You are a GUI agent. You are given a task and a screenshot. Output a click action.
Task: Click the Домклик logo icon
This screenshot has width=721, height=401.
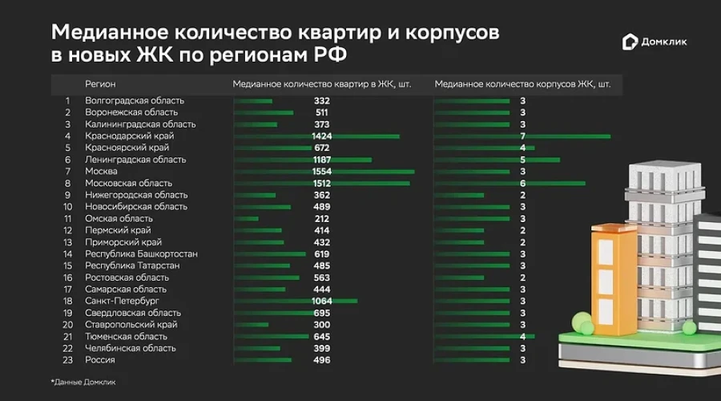(x=630, y=43)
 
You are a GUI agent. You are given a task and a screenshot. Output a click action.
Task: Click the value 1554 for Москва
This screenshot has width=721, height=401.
(x=322, y=172)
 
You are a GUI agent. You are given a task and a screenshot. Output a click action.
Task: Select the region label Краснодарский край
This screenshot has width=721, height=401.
(x=130, y=136)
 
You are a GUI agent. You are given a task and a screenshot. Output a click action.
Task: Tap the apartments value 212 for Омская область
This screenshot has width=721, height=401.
(x=322, y=219)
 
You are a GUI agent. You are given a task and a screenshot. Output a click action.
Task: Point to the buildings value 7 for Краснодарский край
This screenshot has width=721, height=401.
(x=522, y=136)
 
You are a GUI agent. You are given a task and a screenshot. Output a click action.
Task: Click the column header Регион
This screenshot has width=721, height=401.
(x=100, y=83)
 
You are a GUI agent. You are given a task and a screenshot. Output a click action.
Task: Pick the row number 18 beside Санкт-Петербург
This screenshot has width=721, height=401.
(x=68, y=302)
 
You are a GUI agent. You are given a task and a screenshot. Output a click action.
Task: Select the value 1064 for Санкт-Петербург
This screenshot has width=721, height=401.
(x=322, y=302)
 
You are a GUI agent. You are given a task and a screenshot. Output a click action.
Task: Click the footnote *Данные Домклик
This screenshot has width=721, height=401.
(x=83, y=382)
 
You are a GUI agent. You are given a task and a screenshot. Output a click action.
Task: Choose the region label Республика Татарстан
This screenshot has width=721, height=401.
(x=132, y=265)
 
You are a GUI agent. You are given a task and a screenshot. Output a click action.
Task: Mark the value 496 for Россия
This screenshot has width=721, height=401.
(x=322, y=360)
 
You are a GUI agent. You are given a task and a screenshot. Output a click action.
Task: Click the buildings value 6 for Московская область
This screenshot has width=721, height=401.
(x=522, y=184)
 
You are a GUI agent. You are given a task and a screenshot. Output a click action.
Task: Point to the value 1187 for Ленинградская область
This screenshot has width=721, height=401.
(x=322, y=160)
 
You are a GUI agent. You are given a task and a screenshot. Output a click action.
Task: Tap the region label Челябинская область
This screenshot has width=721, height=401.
(x=131, y=348)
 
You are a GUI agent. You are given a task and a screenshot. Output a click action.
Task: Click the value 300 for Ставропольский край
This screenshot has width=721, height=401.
(x=322, y=325)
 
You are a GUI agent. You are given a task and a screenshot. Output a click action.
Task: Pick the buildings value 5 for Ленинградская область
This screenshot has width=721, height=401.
(x=522, y=160)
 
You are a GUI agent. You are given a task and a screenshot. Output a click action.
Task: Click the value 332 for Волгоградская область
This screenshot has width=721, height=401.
(x=322, y=101)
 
